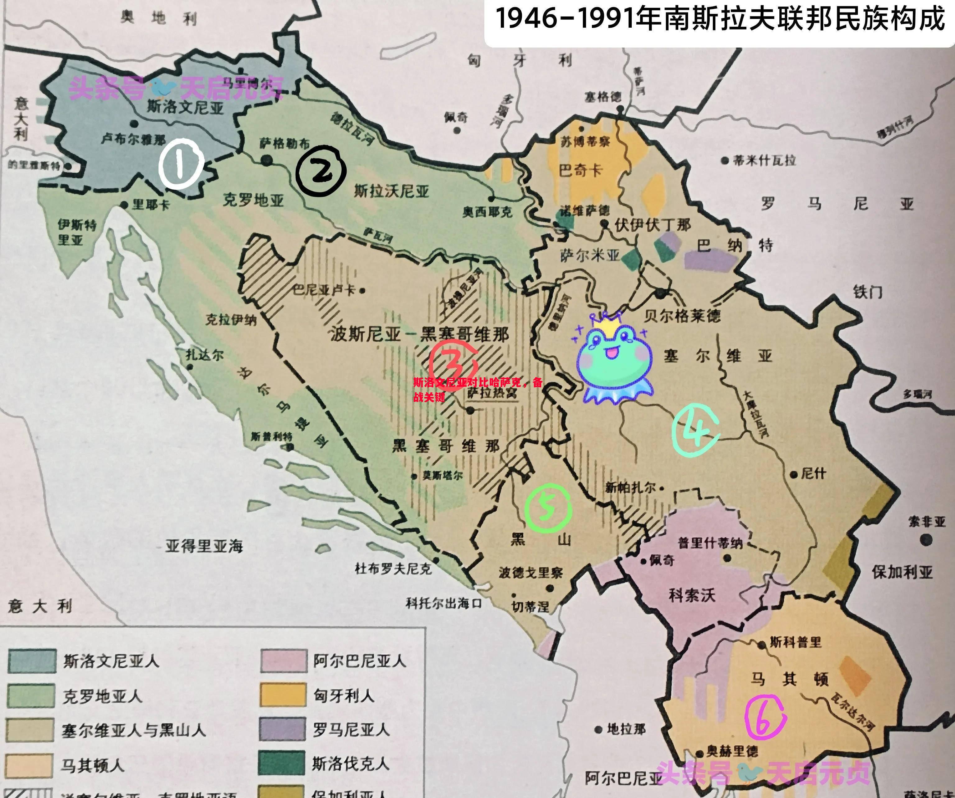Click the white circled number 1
click(181, 164)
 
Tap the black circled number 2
click(321, 171)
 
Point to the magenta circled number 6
click(765, 717)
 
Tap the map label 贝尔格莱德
click(682, 315)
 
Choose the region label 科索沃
click(692, 595)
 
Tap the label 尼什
click(813, 474)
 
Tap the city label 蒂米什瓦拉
click(764, 160)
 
